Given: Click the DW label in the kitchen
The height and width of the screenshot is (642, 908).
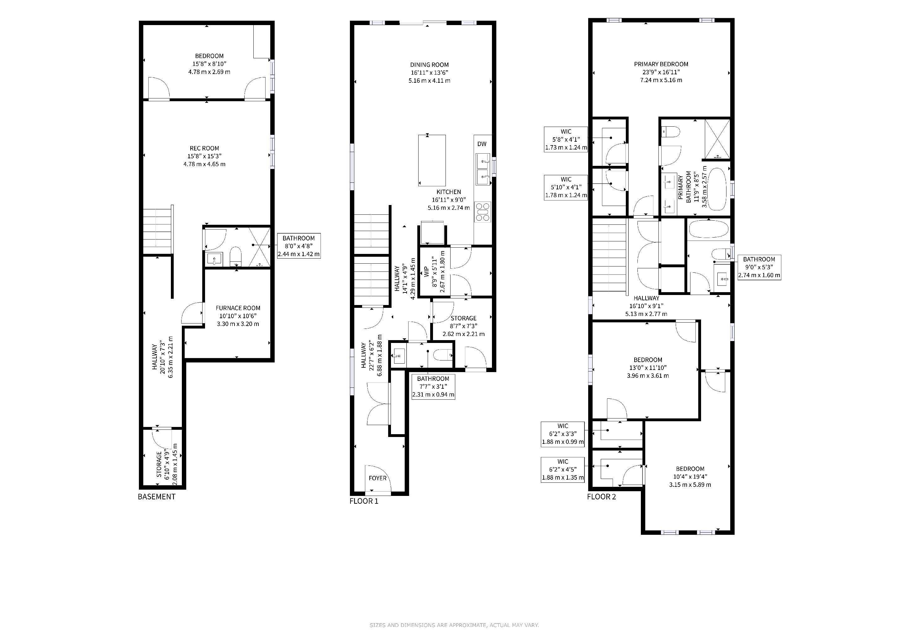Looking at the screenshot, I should [482, 144].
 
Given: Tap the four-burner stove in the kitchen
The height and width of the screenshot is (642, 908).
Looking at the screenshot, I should [483, 212].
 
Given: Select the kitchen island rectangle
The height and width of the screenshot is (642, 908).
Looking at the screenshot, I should [432, 160].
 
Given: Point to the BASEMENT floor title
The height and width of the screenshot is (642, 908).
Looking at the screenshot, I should [156, 497].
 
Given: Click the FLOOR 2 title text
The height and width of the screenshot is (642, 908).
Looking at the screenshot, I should [601, 497].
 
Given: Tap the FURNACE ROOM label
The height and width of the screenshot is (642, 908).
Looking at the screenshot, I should [238, 308].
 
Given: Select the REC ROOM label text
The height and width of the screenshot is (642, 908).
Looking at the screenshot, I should [204, 148].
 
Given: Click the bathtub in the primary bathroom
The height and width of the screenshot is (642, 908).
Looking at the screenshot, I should [717, 189].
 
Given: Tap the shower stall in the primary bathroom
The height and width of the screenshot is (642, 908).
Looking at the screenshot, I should [717, 138].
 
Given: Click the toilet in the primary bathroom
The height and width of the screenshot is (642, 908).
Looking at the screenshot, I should [671, 131].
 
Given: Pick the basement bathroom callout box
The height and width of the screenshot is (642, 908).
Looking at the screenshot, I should [298, 246].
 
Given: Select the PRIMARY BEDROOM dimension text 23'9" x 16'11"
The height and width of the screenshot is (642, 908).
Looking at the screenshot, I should [661, 72].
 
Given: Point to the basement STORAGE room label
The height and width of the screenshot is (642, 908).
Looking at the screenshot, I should [159, 465].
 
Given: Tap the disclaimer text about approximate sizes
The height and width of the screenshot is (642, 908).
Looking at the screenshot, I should [454, 625].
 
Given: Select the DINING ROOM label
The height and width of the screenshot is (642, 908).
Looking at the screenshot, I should [429, 65].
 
